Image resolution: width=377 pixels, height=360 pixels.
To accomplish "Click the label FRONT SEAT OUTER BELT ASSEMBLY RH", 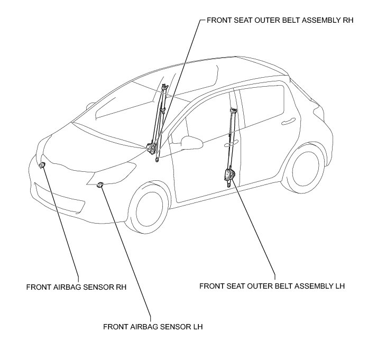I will pyautogui.click(x=280, y=21).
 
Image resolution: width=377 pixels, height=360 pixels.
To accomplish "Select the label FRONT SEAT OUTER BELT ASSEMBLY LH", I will pyautogui.click(x=272, y=286).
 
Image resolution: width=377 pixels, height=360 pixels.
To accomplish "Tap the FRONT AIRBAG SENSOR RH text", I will pyautogui.click(x=78, y=288).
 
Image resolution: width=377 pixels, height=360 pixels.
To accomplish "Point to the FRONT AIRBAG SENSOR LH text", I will pyautogui.click(x=153, y=326).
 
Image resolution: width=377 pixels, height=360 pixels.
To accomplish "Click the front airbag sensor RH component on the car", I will pyautogui.click(x=42, y=165).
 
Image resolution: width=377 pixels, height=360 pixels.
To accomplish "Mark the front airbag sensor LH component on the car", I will pyautogui.click(x=100, y=184).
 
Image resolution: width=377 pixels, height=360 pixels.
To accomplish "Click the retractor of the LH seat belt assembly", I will pyautogui.click(x=229, y=174).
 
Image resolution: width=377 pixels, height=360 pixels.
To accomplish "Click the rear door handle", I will pyautogui.click(x=288, y=122).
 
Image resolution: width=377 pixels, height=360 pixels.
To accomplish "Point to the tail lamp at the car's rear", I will pyautogui.click(x=318, y=111).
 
